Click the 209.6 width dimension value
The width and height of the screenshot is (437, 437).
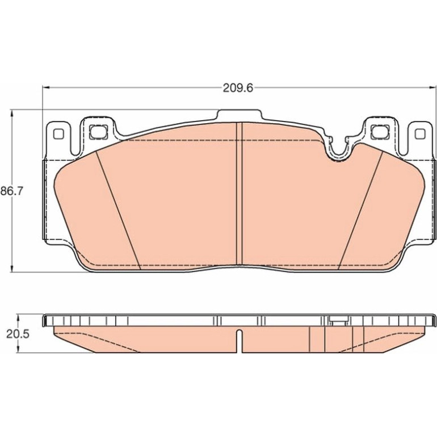(x=238, y=88)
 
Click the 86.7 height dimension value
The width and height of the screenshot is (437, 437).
(x=11, y=191)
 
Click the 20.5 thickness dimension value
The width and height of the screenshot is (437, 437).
(x=18, y=334)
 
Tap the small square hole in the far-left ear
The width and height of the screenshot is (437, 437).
(x=58, y=134)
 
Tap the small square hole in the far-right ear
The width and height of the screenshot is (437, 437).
(x=420, y=134)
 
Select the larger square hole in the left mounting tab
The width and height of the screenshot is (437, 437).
(x=98, y=132)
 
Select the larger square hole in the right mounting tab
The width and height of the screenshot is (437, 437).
(x=380, y=132)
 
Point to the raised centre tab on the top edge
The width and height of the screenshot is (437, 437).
(x=239, y=115)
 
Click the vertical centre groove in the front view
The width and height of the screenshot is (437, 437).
(x=239, y=195)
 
